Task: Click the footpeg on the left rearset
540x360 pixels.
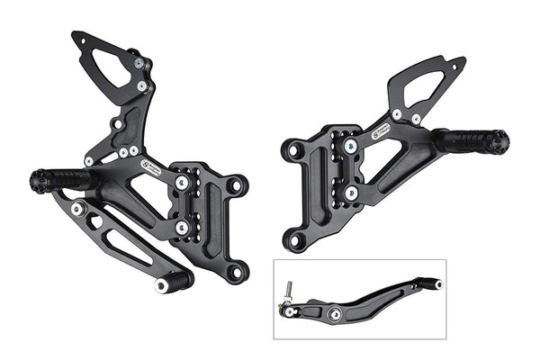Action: click(65, 178)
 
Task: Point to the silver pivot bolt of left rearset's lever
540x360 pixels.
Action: click(79, 209)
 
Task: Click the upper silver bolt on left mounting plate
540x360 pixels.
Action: click(183, 183)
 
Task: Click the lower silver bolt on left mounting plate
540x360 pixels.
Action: click(183, 228)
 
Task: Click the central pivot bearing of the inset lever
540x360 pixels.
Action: click(335, 313)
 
